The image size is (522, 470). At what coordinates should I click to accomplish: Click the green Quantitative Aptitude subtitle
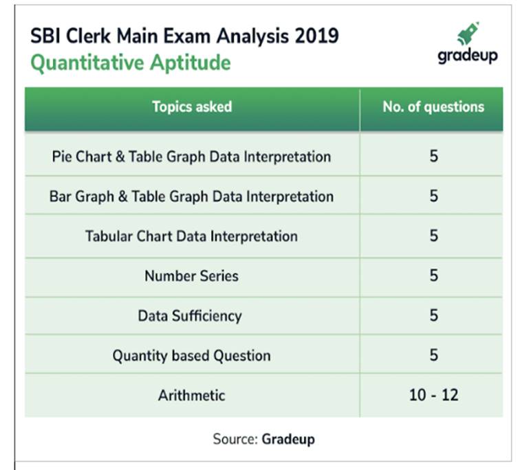tap(131, 63)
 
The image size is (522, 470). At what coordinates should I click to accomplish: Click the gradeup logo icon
tap(468, 34)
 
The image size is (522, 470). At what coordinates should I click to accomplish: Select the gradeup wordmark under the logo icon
tap(467, 56)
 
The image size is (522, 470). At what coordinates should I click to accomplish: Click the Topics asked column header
tap(192, 107)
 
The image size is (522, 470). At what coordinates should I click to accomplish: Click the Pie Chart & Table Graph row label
tap(191, 156)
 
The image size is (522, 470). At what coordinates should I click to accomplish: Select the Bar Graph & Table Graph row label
tap(191, 196)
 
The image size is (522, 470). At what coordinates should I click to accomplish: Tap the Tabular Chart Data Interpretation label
tap(191, 236)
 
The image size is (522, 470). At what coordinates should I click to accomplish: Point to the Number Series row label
tap(191, 276)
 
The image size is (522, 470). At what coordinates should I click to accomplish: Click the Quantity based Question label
tap(191, 355)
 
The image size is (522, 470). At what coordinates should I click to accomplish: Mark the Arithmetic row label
tap(191, 395)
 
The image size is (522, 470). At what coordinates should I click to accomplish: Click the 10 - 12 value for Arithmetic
tap(433, 395)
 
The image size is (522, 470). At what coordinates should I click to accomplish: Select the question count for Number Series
tap(433, 276)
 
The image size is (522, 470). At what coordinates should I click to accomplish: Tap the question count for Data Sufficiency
tap(433, 315)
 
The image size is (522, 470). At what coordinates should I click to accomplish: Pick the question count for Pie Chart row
tap(433, 156)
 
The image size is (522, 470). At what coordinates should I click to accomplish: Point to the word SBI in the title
tap(46, 36)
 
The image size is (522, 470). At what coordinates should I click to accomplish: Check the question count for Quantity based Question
tap(433, 355)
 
